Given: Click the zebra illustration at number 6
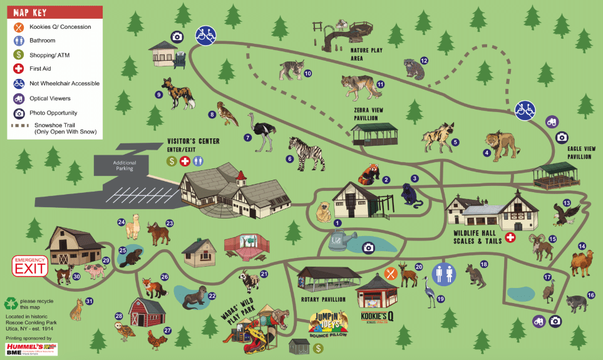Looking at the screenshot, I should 307,153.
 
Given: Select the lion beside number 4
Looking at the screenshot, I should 502,146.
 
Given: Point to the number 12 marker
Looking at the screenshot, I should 424,61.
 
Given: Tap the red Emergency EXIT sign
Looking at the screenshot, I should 30,265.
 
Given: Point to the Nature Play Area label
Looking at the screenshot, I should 366,54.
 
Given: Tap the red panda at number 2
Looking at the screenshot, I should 366,174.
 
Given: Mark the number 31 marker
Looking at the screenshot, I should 89,301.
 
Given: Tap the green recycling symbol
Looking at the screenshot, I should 11,304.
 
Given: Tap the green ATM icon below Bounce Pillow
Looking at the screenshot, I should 318,347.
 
